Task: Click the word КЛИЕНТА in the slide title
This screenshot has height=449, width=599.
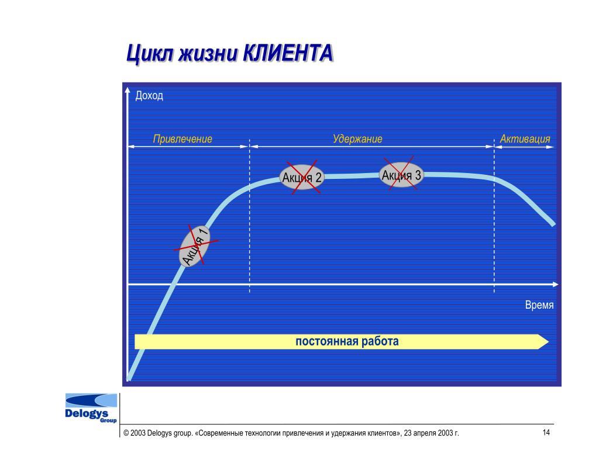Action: pos(288,53)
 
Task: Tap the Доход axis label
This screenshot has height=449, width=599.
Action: pos(149,95)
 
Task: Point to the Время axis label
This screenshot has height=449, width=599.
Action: pos(539,305)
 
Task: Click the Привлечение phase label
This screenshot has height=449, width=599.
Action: pos(183,139)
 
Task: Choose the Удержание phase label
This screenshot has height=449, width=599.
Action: pos(357,139)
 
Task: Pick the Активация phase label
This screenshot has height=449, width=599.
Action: pos(525,139)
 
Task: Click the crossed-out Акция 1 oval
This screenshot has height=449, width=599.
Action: pos(195,246)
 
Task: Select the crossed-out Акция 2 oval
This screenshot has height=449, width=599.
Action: pos(302,177)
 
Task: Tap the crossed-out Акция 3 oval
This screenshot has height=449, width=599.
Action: pos(401,175)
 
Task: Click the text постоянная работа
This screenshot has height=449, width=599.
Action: pos(347,341)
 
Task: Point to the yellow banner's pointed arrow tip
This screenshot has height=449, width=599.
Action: pos(549,341)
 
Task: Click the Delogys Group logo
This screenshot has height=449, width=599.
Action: pos(91,408)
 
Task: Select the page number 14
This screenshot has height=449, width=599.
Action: pos(546,432)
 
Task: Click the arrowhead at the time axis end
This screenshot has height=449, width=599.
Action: pos(556,285)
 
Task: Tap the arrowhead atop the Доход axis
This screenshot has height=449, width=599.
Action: pos(128,89)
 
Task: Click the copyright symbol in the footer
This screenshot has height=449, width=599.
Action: pos(126,433)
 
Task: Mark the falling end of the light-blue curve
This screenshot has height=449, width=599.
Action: pos(553,224)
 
